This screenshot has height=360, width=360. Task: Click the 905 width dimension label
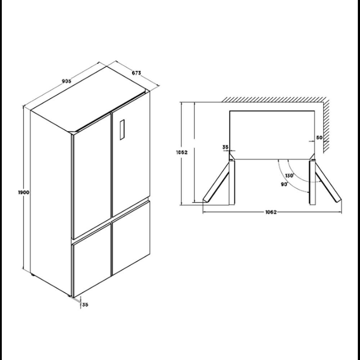coord(67,81)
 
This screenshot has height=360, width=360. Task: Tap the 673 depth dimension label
coord(136,73)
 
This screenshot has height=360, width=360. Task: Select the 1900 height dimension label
coord(24,192)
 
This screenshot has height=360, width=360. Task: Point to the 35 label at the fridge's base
coord(85,305)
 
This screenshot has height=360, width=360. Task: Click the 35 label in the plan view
coord(225,147)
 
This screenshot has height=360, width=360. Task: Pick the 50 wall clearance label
coord(319,138)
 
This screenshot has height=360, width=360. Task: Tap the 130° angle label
coord(289,176)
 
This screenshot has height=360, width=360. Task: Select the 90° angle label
coord(284,184)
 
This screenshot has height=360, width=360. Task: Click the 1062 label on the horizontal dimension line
coord(271,212)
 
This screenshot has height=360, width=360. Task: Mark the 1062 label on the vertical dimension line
coord(182,152)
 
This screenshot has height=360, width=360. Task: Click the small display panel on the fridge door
coord(122,130)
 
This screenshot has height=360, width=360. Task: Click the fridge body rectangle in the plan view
coord(272,135)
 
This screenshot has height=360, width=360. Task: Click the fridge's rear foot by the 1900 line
coord(33,274)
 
